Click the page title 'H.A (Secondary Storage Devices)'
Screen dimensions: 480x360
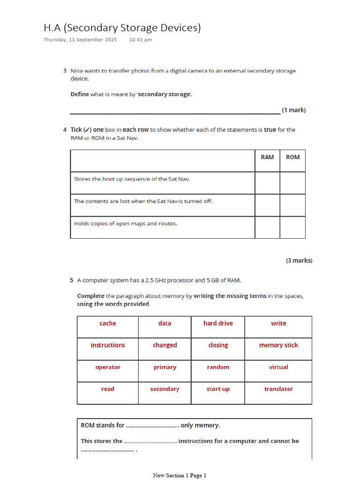coord(122,28)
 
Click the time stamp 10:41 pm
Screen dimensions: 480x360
coord(141,40)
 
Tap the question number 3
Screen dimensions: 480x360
coord(65,71)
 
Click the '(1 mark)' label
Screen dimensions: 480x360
coord(294,110)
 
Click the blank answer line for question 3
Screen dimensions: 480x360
coord(175,112)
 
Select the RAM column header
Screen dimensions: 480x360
coord(267,157)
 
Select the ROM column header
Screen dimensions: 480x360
coord(292,157)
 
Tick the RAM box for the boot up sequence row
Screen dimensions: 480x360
coord(267,183)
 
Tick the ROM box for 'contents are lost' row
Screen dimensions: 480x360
coord(292,205)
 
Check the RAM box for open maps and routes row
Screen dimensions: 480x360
coord(267,227)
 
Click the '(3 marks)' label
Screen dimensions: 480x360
coord(299,261)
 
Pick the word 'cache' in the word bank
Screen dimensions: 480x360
coord(108,323)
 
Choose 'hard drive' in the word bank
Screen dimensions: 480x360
coord(218,323)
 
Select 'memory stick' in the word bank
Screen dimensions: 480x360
coord(278,345)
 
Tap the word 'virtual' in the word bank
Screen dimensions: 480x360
coord(278,367)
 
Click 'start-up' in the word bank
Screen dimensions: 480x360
coord(218,389)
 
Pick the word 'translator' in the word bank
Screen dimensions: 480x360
coord(278,389)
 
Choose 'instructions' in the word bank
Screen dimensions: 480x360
coord(108,345)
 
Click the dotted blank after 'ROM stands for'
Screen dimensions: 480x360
coord(152,426)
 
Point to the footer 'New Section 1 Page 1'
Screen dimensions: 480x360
coord(180,475)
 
